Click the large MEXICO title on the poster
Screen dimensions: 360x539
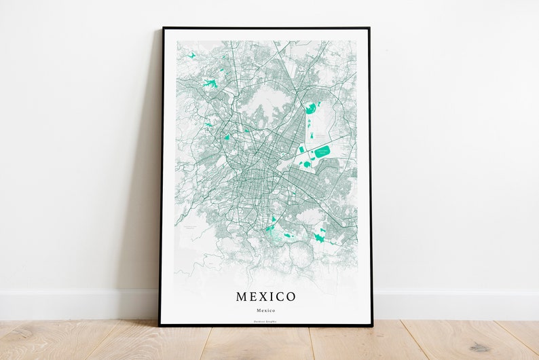coord(265,297)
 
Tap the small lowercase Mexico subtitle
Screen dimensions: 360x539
coord(265,309)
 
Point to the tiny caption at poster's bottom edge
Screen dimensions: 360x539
coord(265,319)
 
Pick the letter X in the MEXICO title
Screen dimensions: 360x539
coord(265,297)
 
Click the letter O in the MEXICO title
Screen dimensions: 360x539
coord(291,297)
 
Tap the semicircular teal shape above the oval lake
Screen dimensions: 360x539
coord(310,108)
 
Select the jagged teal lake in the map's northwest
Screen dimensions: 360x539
coord(210,84)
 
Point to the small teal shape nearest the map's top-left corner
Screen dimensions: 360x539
coord(192,55)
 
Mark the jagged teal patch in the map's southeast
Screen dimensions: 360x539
coord(319,238)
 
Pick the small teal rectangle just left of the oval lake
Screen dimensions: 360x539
coord(301,149)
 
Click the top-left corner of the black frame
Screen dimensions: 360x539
coord(163,29)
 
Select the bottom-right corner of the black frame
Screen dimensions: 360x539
coord(372,325)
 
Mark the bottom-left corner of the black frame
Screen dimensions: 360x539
coord(160,325)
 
